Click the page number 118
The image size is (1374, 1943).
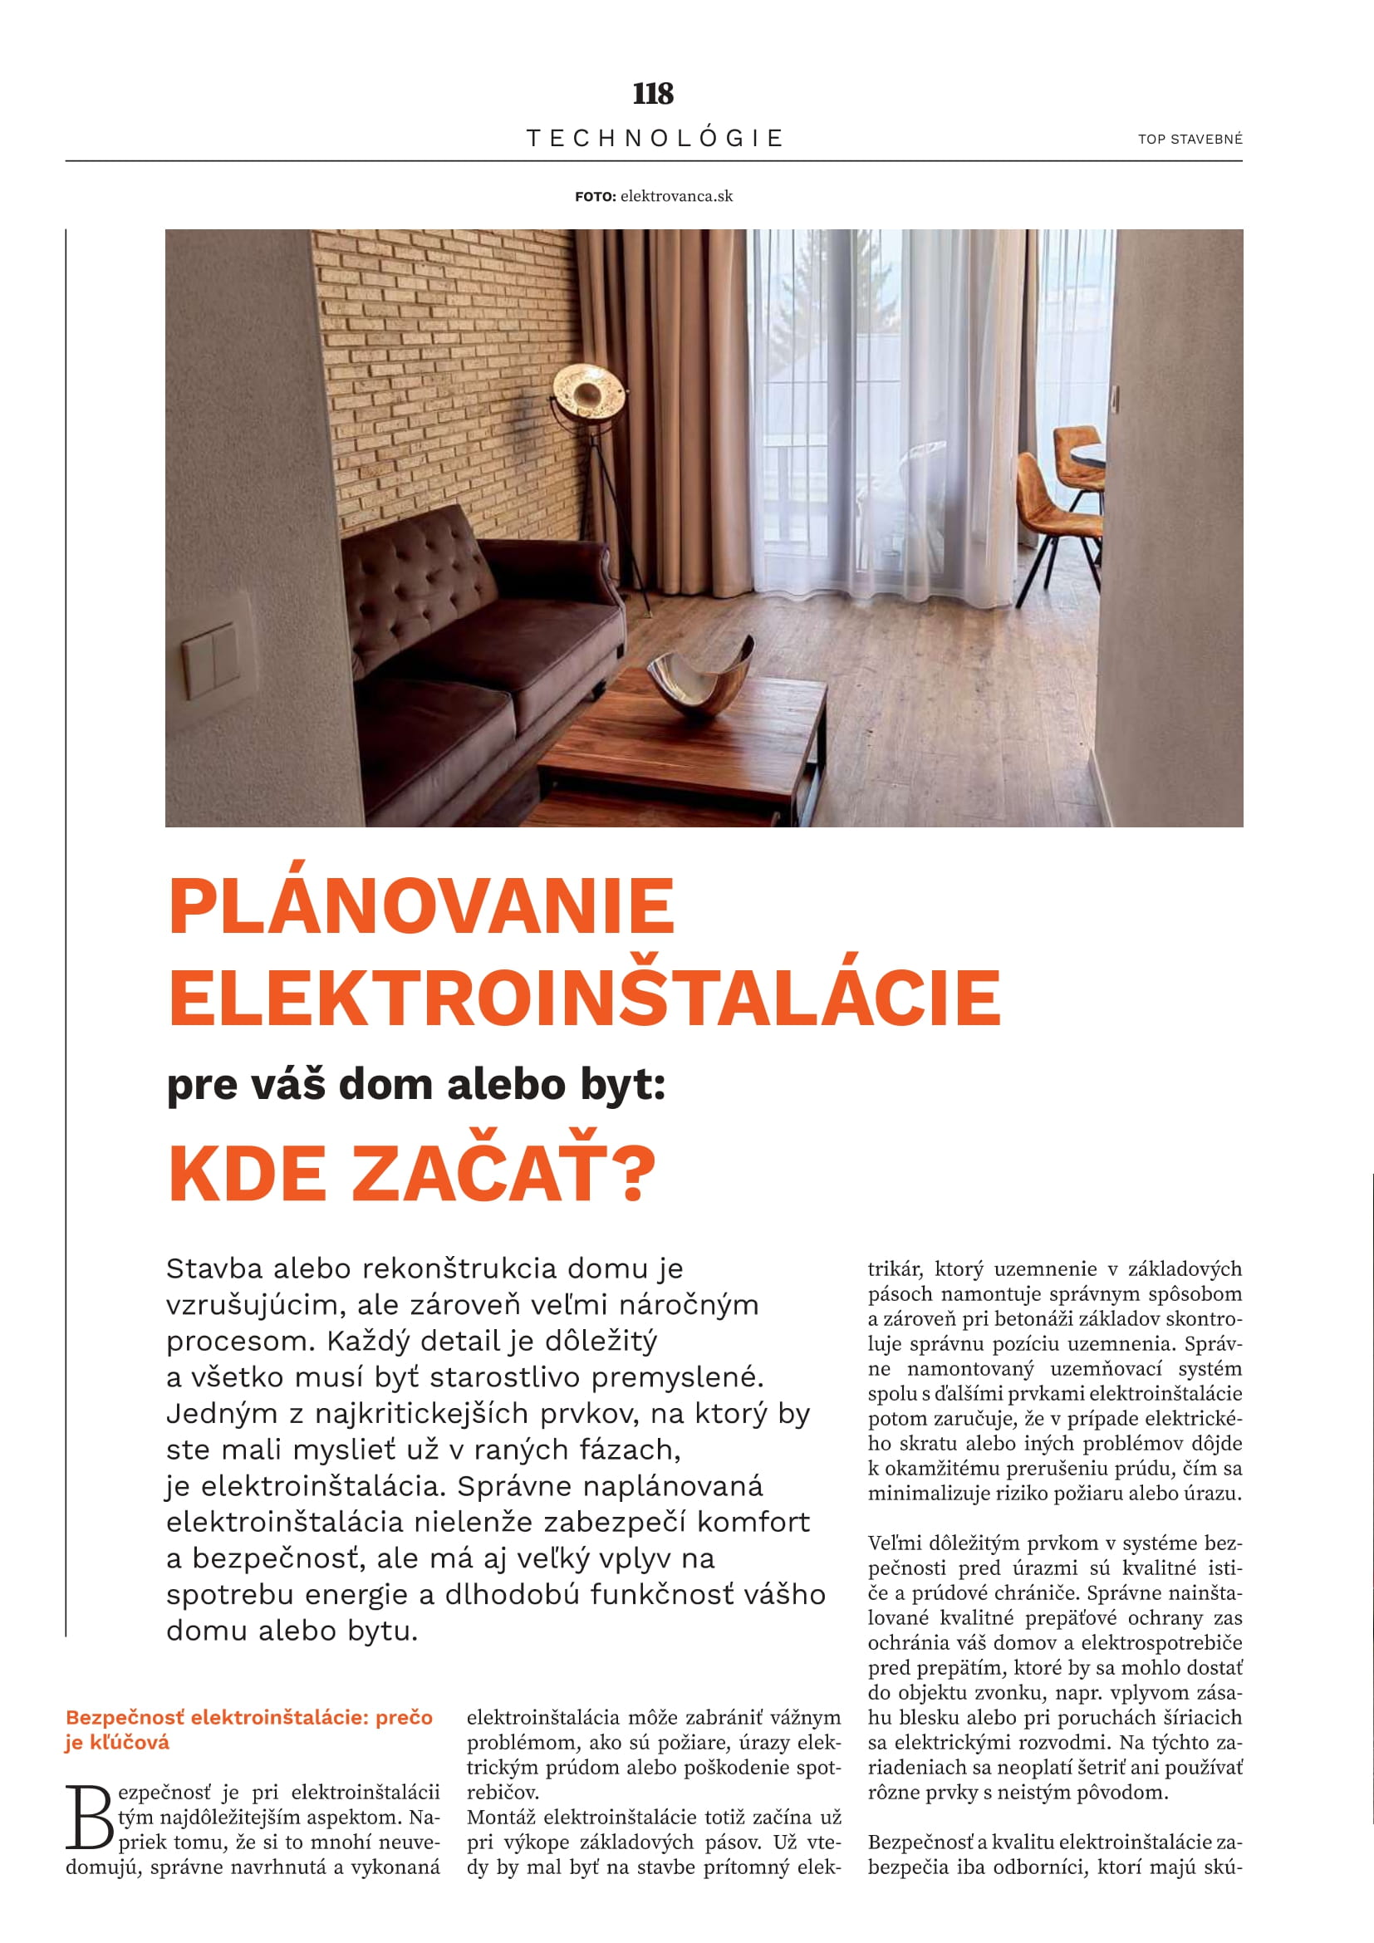[652, 93]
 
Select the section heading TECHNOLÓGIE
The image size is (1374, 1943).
[654, 138]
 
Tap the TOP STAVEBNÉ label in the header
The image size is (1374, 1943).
[1190, 140]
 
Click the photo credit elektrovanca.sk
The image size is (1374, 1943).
[676, 196]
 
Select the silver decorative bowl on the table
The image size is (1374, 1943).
[699, 681]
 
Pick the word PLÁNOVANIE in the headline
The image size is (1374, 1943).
[421, 906]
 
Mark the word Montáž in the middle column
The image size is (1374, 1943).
[500, 1817]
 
